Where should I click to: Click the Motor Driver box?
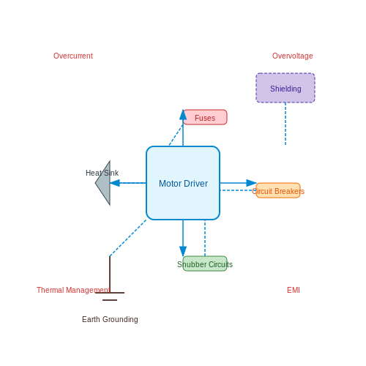point(183,183)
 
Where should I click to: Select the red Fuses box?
point(205,117)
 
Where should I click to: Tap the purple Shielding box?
point(285,88)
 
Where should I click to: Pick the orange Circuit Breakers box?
point(278,190)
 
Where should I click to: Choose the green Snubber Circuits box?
point(205,264)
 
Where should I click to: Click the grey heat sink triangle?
point(105,183)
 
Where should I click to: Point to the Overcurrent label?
point(73,56)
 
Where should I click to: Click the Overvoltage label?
point(293,56)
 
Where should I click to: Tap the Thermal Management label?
point(73,290)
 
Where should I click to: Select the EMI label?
point(294,290)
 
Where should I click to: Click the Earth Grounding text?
point(110,319)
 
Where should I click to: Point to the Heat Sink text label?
point(102,173)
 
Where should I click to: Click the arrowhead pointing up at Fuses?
point(183,115)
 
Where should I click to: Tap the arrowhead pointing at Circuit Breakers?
point(251,183)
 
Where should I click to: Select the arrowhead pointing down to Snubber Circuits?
point(183,251)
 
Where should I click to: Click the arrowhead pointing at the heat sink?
point(115,183)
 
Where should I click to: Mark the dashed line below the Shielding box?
point(285,124)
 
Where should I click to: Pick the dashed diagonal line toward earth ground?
point(128,238)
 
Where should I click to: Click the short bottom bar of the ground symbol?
point(110,300)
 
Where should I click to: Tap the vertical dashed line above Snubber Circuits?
point(205,238)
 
